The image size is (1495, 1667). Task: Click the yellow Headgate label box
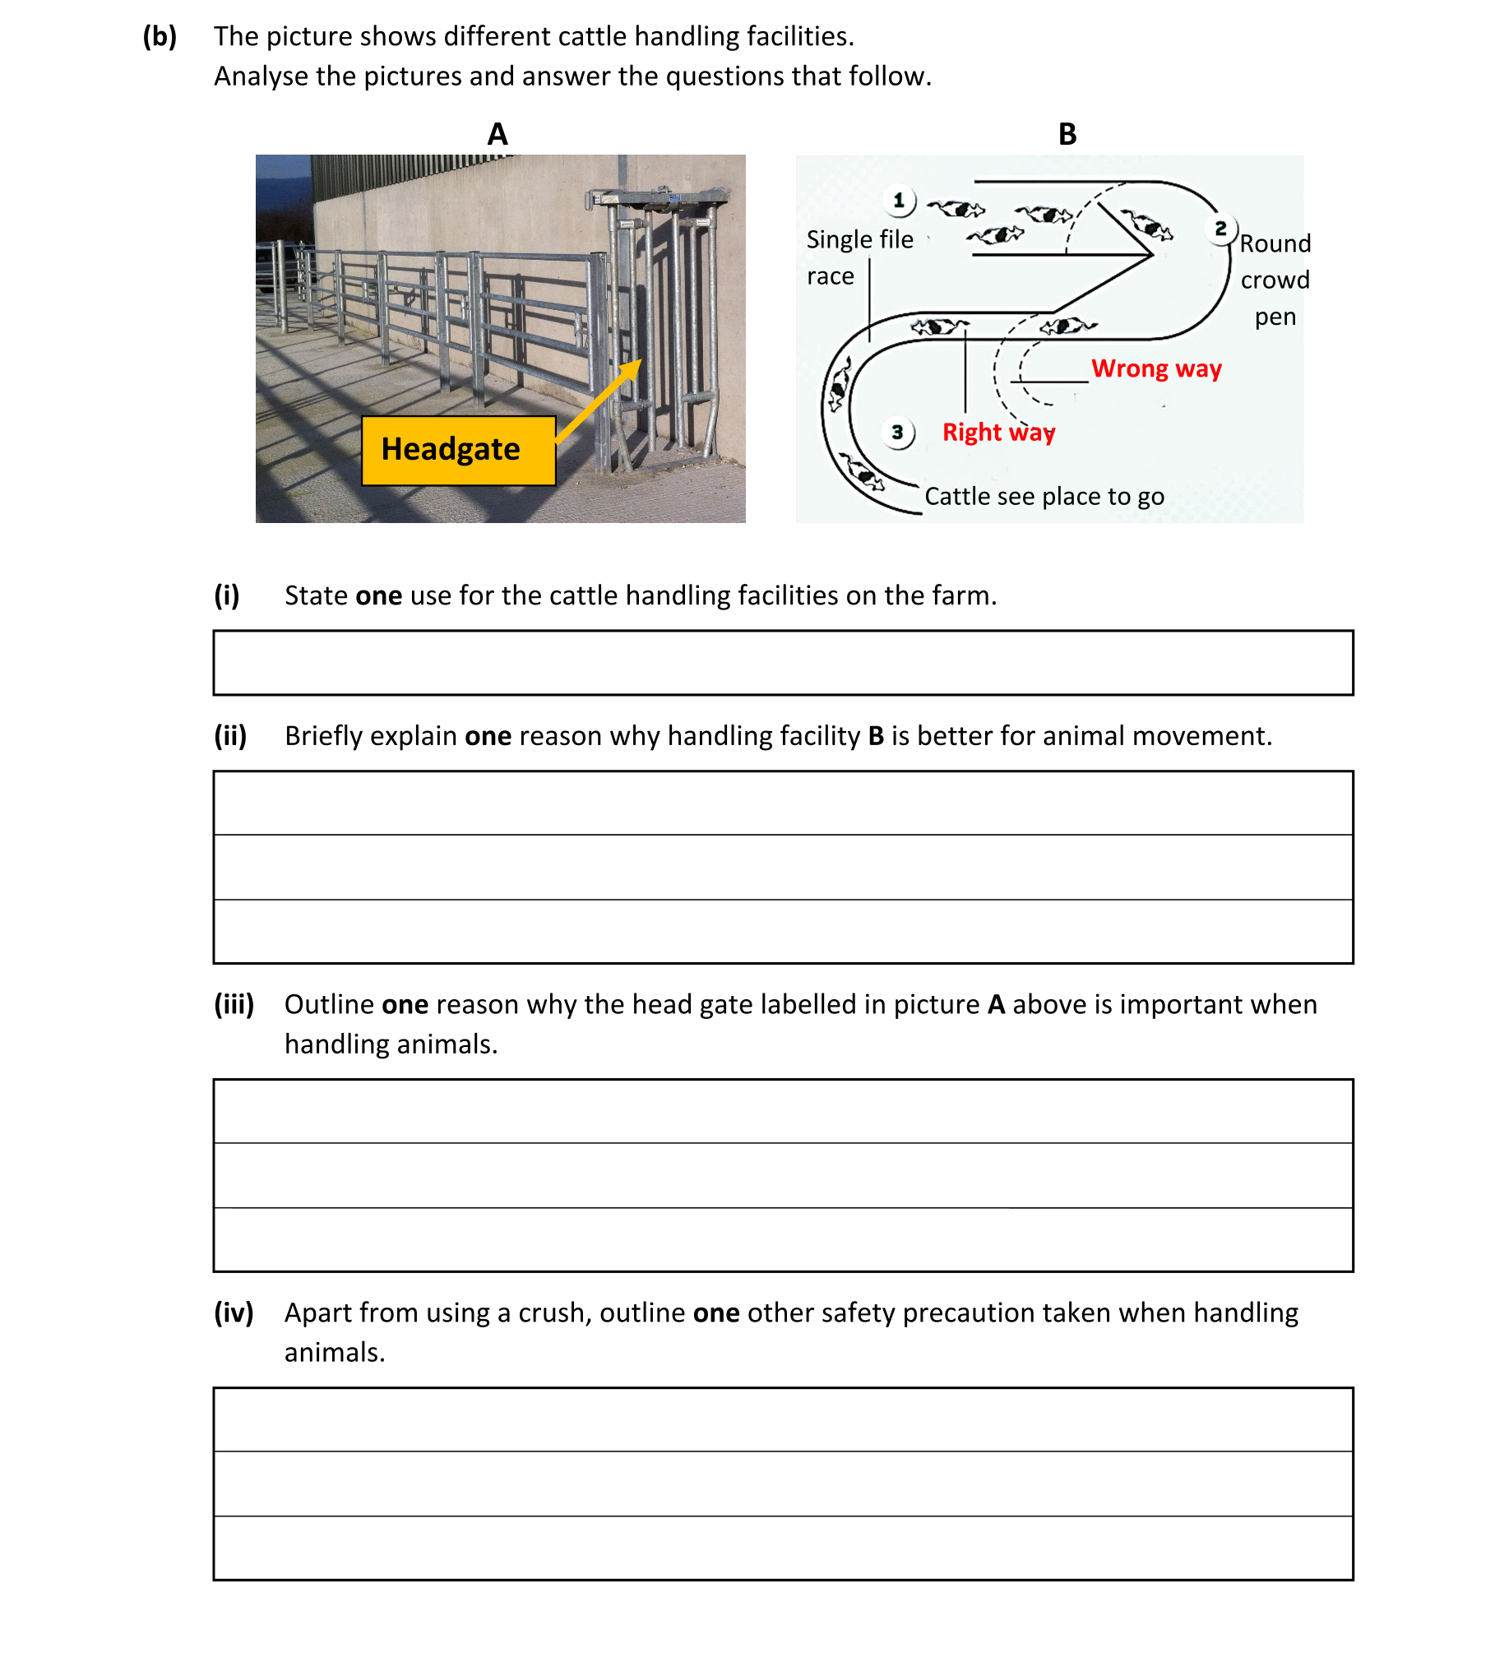coord(458,450)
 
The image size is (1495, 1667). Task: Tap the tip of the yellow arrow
coord(639,362)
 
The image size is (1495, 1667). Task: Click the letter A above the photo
coord(498,134)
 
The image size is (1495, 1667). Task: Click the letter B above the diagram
coord(1067,134)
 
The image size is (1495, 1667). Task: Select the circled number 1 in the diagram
coord(898,200)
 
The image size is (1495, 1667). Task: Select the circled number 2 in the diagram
coord(1220,229)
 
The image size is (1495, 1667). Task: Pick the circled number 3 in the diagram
coord(897,432)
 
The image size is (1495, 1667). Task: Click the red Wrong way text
coord(1155,368)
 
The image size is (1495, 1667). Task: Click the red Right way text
coord(997,432)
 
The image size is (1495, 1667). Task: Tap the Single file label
coord(859,239)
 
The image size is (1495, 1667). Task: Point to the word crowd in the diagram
coord(1275,280)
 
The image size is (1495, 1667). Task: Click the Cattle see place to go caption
coord(1044,497)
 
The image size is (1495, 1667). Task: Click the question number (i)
coord(226,595)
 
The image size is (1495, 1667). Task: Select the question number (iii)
coord(234,1004)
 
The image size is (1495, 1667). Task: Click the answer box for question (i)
coord(782,663)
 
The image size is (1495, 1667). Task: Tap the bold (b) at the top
coord(160,36)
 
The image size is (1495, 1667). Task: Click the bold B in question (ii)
coord(875,735)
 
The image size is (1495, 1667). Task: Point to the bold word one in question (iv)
coord(715,1313)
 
